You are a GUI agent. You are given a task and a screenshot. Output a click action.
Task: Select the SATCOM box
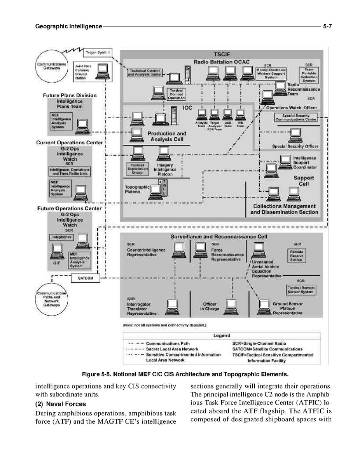point(86,278)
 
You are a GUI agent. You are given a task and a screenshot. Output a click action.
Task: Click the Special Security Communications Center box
point(296,117)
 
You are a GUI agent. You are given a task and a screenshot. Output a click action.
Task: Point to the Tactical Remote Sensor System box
point(301,290)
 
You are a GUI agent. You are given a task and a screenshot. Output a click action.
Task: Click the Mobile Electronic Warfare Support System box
point(271,74)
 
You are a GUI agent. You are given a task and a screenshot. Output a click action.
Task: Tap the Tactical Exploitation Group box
point(138,169)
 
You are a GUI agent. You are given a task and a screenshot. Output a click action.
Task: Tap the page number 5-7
point(326,26)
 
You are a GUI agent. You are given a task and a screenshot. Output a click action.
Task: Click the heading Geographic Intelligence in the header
point(68,26)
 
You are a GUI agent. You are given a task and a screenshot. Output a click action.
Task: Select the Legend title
point(222,335)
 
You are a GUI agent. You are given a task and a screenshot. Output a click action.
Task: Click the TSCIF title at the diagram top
point(222,54)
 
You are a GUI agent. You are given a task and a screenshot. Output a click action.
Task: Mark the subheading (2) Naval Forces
point(60,404)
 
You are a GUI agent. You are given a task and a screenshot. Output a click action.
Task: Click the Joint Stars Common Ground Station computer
point(103,70)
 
